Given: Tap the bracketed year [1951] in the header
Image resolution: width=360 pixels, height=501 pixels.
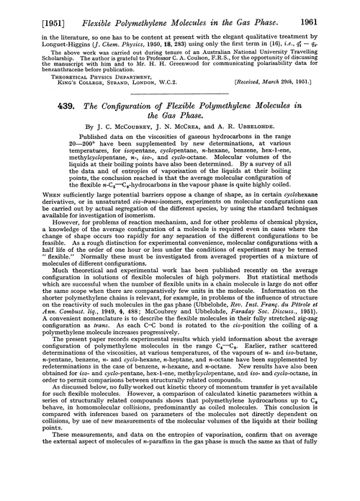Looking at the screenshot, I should pyautogui.click(x=31, y=9).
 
